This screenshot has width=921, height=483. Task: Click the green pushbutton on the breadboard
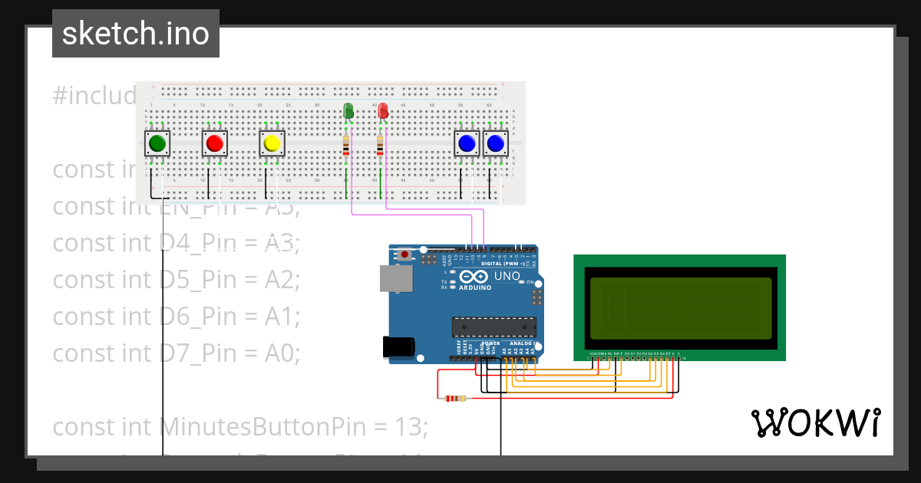(157, 143)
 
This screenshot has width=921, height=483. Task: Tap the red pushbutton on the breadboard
(215, 143)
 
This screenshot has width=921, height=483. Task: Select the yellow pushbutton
(271, 143)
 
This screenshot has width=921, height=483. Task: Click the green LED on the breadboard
(348, 111)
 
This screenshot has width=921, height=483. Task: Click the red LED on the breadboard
(383, 111)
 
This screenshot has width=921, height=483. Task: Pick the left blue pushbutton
(467, 143)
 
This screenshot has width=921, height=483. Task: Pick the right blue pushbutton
(495, 143)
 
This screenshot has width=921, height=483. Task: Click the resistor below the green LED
(346, 146)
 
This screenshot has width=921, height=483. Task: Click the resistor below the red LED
(380, 146)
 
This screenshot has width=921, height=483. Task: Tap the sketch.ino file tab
(136, 34)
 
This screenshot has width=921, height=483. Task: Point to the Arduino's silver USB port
(396, 279)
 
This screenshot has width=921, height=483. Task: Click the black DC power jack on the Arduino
(398, 348)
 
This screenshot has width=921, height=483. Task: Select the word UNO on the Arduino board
(507, 276)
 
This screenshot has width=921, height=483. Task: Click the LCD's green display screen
(679, 308)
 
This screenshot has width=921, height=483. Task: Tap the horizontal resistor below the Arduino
(455, 398)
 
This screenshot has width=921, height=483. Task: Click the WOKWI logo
(815, 423)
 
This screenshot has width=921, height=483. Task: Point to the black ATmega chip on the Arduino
(494, 327)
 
